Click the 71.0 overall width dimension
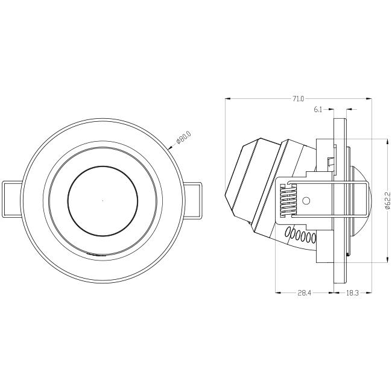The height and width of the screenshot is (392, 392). [299, 99]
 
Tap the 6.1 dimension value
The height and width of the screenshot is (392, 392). [318, 109]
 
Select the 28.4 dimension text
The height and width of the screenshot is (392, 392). [304, 292]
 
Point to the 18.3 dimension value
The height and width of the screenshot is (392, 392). [353, 292]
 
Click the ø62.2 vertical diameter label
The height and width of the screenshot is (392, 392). [388, 200]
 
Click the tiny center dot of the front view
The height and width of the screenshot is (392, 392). [103, 200]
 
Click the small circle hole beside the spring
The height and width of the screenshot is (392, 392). [306, 200]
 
